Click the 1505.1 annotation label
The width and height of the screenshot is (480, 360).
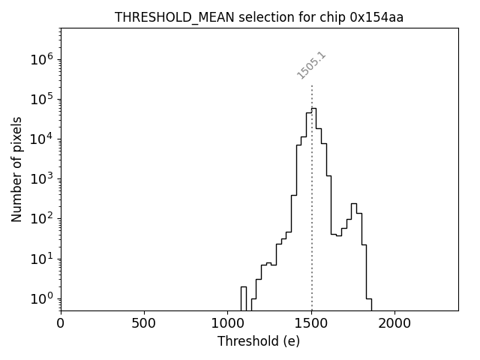311,65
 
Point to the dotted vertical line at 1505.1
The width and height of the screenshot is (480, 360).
312,225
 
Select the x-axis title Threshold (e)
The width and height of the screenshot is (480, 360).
259,341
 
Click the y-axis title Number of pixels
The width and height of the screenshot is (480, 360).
16,169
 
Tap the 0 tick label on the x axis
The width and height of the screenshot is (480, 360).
61,323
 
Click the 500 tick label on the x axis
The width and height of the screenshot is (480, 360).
144,323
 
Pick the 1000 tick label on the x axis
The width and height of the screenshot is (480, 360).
228,323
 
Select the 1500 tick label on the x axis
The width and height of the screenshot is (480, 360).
311,323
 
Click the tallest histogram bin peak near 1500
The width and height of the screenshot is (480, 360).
313,109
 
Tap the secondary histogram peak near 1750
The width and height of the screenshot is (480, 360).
353,204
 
